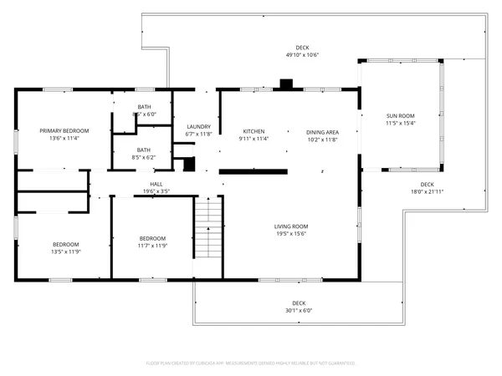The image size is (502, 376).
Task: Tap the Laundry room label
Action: pos(198,126)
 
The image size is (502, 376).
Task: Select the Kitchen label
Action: pos(254,131)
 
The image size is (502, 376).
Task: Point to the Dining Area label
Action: pos(321,131)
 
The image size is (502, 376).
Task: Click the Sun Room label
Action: pos(400,115)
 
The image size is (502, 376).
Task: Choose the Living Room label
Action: pos(291,226)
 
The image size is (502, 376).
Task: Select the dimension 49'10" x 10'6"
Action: pos(302,55)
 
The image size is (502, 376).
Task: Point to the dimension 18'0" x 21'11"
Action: pos(427,191)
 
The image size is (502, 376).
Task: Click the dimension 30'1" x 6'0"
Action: pos(299,310)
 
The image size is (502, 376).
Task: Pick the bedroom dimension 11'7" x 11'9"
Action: pos(152,245)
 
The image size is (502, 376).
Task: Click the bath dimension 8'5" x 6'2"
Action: pos(144,157)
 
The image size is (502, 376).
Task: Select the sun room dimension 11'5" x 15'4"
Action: pos(400,123)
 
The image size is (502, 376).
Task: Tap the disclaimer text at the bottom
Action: pos(251,363)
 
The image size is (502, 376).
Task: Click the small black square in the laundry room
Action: pos(188,164)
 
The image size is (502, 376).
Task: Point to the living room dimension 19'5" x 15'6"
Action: pos(291,234)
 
